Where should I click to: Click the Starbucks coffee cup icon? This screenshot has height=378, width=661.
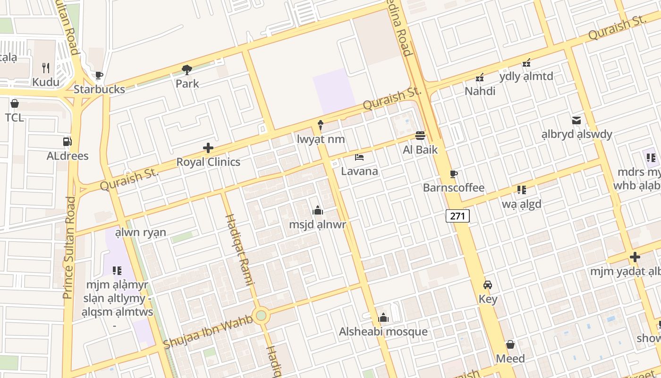99,75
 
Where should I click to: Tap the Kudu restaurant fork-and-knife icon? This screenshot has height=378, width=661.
46,68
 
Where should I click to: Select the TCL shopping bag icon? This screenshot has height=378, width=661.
15,103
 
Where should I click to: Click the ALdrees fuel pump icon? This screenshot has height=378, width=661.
67,142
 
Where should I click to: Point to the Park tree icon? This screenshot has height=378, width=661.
187,70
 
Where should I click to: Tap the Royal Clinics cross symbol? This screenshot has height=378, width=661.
208,148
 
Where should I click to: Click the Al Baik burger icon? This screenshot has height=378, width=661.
420,136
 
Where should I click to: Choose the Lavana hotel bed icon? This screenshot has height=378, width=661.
359,157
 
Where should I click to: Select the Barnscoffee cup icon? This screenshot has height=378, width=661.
454,174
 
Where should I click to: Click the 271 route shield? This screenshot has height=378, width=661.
458,216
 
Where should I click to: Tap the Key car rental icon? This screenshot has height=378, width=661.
488,285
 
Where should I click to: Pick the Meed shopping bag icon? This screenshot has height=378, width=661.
510,344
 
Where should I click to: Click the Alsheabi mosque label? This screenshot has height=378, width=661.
383,332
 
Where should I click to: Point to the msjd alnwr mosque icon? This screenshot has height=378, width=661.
317,210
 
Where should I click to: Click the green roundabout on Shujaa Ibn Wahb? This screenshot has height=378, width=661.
261,315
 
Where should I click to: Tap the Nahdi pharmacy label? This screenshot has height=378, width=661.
480,91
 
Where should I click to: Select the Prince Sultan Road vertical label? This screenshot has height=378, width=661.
69,247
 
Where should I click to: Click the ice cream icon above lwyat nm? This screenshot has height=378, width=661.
321,125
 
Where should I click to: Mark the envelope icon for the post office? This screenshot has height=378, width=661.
576,120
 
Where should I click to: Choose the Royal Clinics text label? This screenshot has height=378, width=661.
208,162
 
